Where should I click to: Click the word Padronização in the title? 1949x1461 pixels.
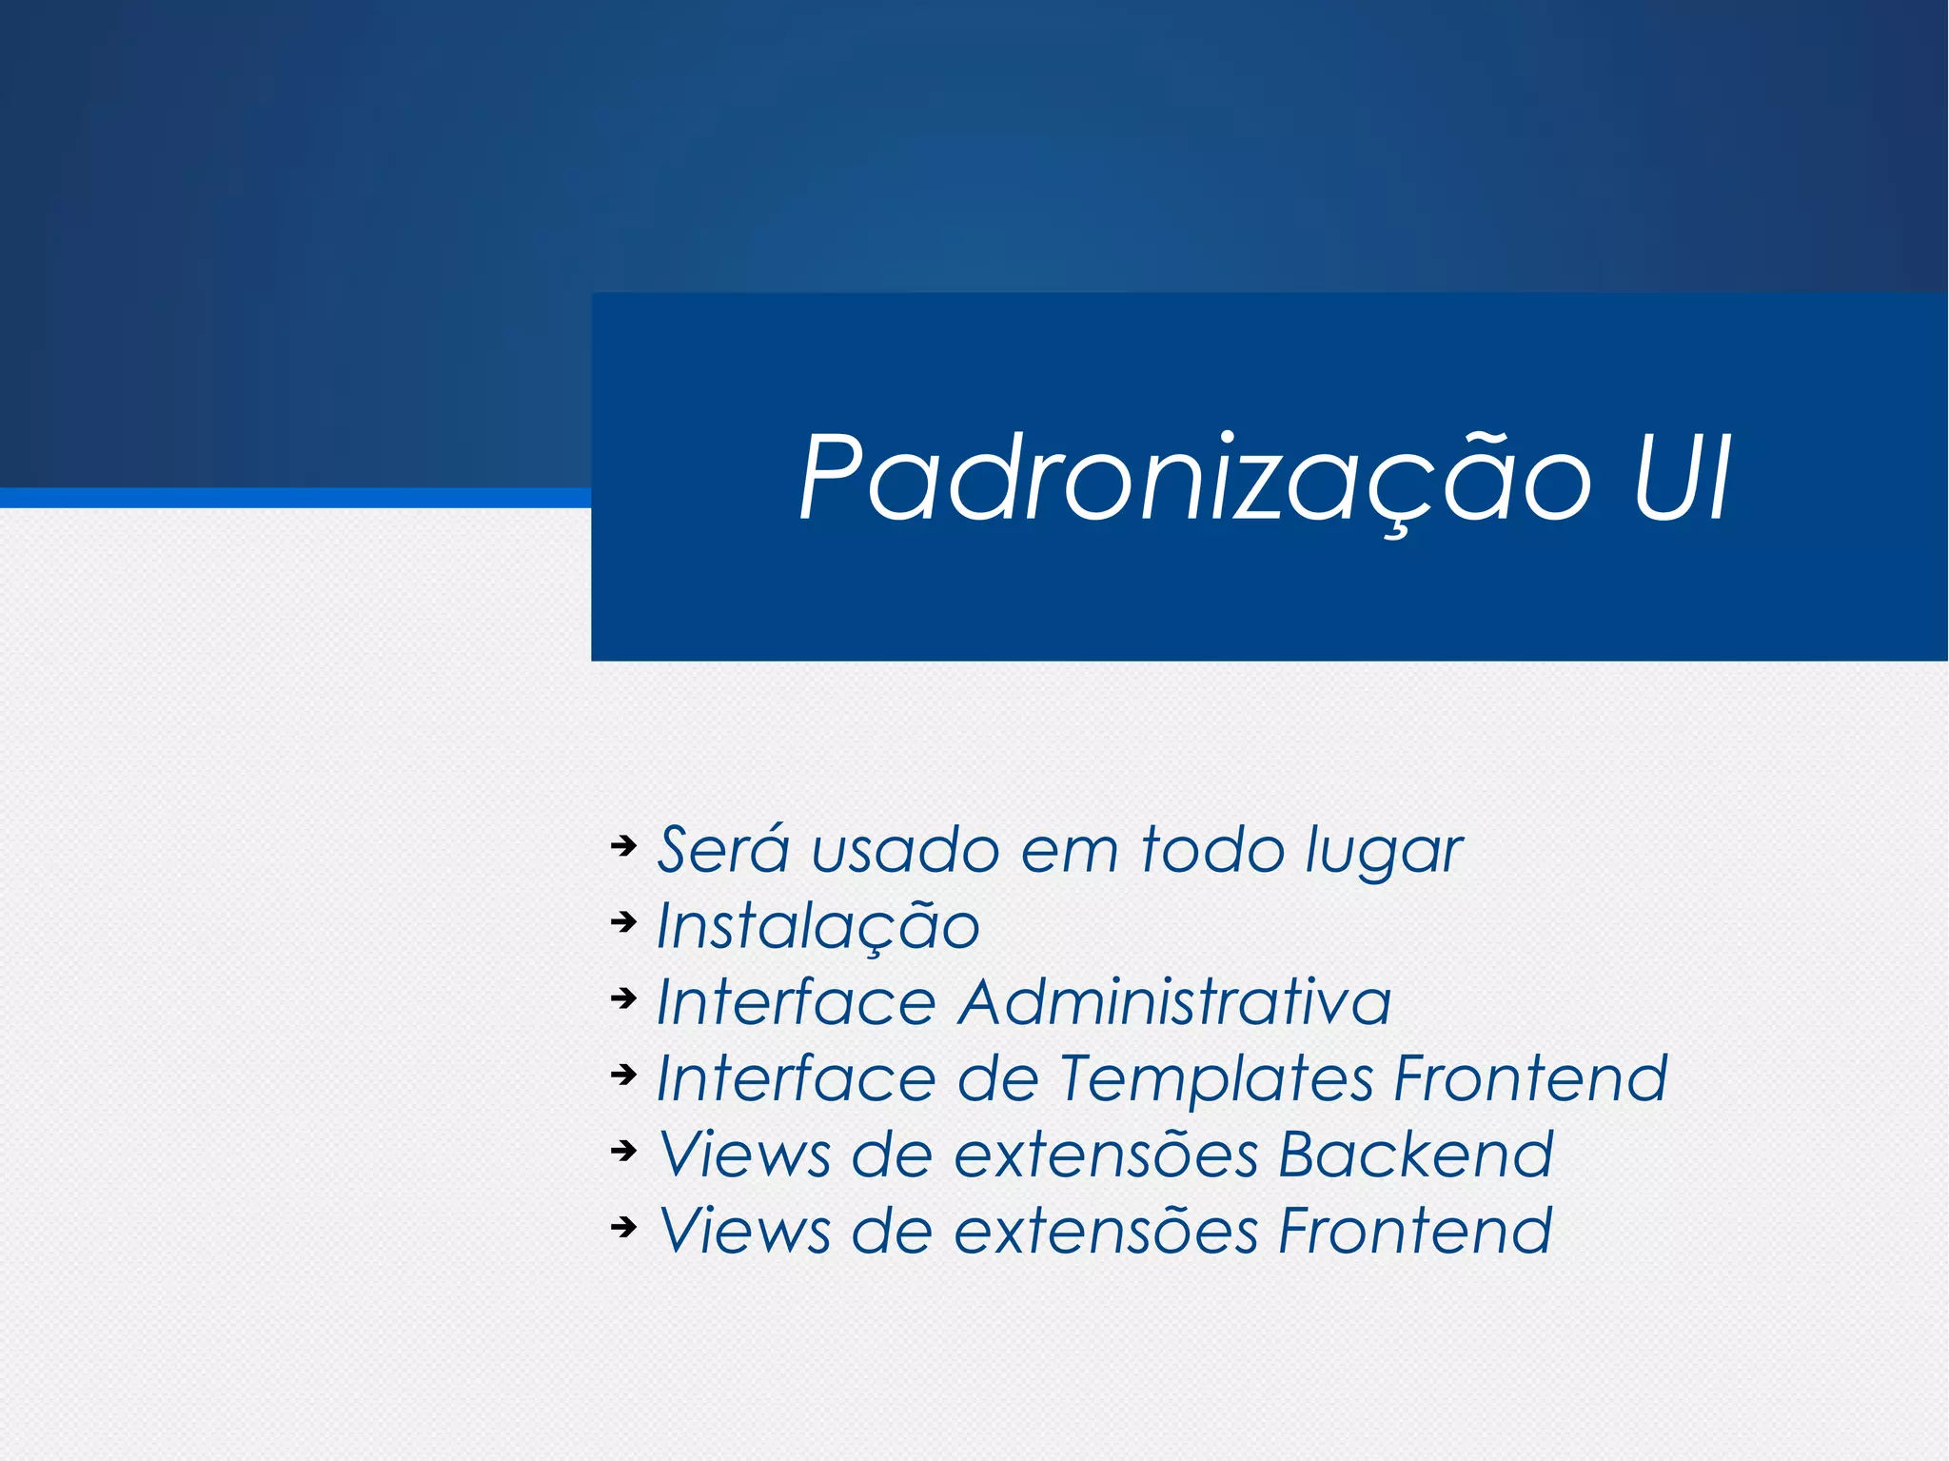tap(1194, 478)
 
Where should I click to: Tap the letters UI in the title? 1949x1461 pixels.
tap(1682, 478)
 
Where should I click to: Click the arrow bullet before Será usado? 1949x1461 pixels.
tap(623, 845)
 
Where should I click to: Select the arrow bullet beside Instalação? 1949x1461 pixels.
tap(623, 921)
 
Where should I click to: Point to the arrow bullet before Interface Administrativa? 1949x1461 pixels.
tap(623, 997)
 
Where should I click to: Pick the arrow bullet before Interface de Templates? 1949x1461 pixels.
tap(623, 1075)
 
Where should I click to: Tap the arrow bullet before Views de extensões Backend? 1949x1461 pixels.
tap(623, 1151)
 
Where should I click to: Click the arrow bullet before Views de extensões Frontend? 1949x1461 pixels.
tap(623, 1227)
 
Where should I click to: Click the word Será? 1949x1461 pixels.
tap(723, 849)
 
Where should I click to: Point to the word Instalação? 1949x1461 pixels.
tap(818, 926)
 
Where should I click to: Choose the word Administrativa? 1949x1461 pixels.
tap(1174, 1002)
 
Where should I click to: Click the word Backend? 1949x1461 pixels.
tap(1415, 1155)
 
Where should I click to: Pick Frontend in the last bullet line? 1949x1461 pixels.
tap(1415, 1232)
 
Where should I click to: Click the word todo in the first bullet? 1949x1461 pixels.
tap(1213, 849)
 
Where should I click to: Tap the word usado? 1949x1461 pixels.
tap(905, 849)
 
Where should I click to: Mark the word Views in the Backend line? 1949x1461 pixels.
tap(745, 1155)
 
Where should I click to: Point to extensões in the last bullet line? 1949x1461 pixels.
tap(1106, 1232)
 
